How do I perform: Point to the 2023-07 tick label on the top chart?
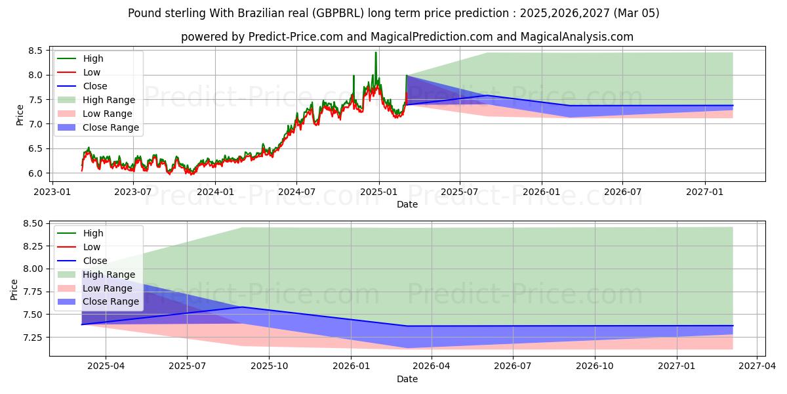click(x=133, y=192)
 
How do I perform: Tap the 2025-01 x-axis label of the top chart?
click(x=378, y=192)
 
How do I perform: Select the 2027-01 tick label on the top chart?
click(x=705, y=192)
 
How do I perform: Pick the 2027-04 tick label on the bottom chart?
click(x=757, y=366)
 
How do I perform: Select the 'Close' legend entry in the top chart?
click(x=95, y=86)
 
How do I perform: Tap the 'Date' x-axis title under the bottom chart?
click(x=407, y=379)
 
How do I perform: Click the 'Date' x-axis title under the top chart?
click(x=407, y=204)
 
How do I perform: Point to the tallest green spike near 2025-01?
click(x=376, y=53)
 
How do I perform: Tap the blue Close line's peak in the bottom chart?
click(x=242, y=307)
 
